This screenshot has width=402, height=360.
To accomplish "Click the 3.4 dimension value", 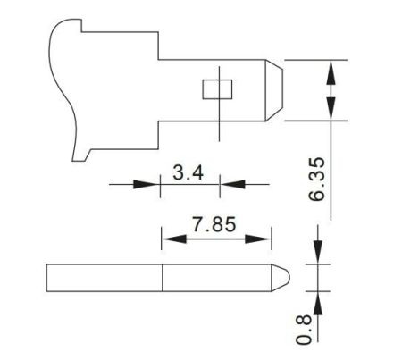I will [x=189, y=173].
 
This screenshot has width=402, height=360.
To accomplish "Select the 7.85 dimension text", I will [x=214, y=224].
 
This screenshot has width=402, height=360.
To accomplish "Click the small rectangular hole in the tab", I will [x=216, y=89].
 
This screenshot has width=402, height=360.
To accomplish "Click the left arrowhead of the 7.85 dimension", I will [x=171, y=239].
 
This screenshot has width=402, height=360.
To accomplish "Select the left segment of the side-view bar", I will [x=104, y=277].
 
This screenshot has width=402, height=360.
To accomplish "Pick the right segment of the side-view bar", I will [x=214, y=277].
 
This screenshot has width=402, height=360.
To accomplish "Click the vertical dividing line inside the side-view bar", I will [x=162, y=277].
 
